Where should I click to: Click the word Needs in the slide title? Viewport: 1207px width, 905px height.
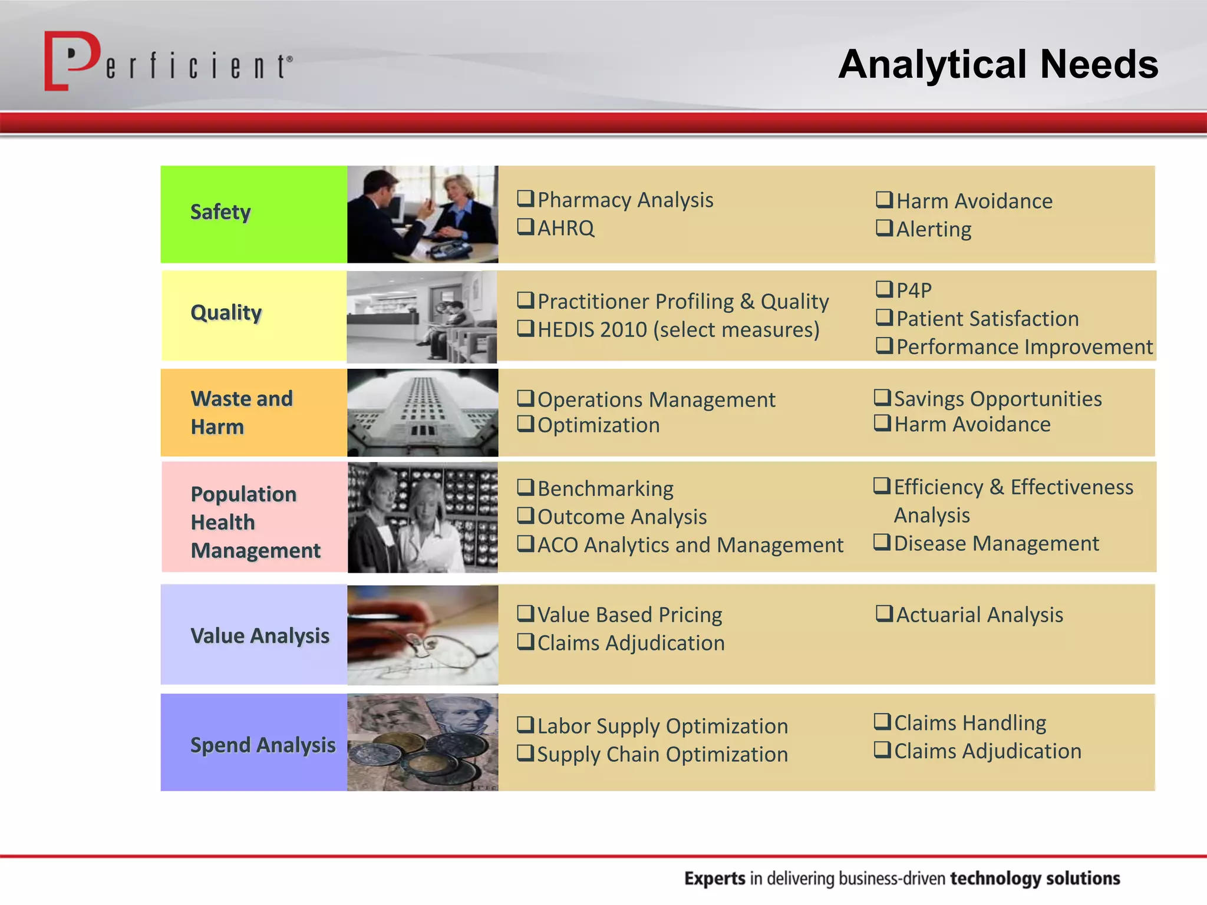1099,64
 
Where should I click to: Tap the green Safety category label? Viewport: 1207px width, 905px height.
220,212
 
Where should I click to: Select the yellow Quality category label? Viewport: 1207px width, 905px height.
226,313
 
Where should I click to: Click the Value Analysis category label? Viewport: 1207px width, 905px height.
259,636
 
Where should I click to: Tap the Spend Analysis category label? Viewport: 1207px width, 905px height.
262,745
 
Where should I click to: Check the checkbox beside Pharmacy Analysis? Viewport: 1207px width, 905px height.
525,199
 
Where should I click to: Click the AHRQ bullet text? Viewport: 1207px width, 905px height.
566,229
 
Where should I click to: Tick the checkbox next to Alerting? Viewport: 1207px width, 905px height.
884,227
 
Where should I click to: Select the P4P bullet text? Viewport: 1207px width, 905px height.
914,290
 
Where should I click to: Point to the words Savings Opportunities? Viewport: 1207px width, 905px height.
997,399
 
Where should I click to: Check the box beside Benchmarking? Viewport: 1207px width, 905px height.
525,487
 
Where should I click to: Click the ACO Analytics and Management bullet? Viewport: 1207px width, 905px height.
690,545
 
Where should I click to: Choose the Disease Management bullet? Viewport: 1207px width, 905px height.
996,543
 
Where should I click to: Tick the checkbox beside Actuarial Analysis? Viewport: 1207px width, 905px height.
884,613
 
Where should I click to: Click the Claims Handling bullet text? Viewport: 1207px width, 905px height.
970,723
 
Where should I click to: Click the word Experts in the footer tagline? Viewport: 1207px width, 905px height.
714,878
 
